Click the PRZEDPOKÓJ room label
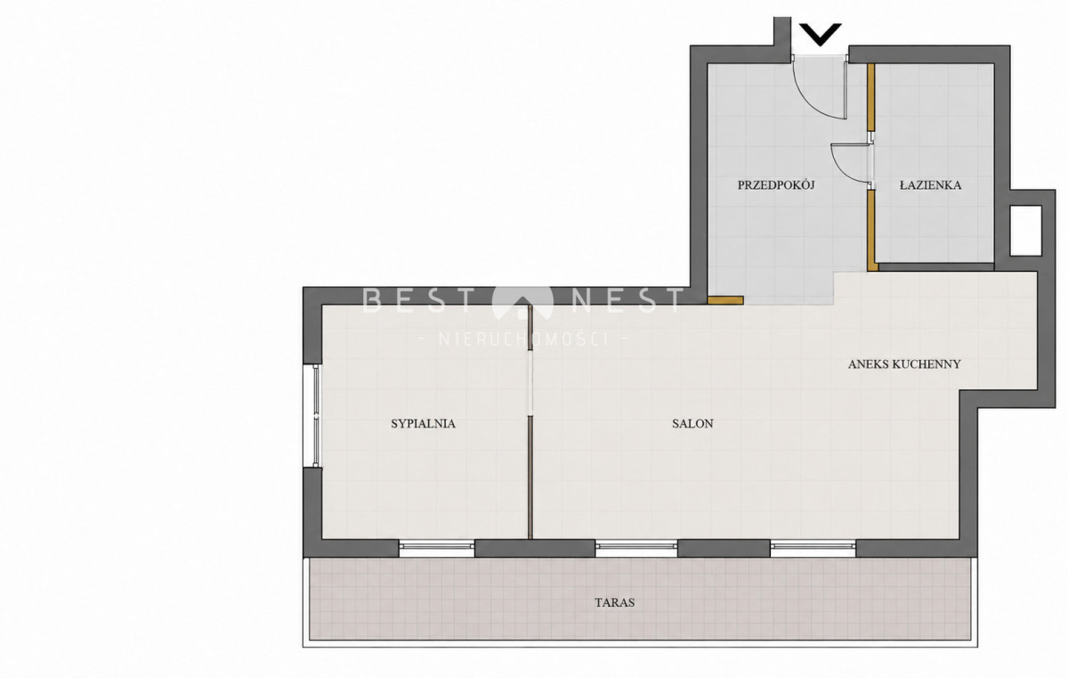click(776, 185)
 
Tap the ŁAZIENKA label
click(930, 185)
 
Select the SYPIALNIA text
click(424, 424)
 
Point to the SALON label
click(692, 424)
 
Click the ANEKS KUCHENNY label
click(904, 364)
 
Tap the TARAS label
click(615, 602)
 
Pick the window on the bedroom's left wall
click(316, 415)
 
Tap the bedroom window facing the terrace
click(437, 548)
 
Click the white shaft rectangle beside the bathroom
click(1025, 231)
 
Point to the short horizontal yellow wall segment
click(725, 300)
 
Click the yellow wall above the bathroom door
click(871, 97)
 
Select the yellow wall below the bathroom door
click(871, 230)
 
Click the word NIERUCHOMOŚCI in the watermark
click(524, 339)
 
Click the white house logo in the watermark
click(522, 303)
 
